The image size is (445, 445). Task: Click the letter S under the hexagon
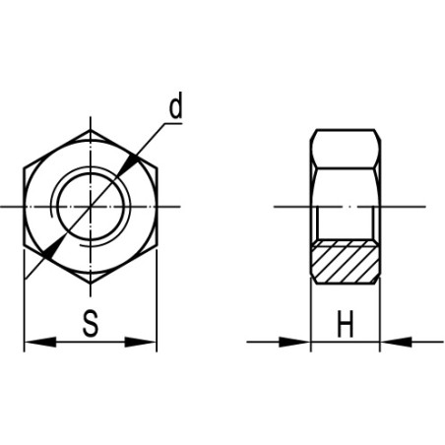[x=90, y=324]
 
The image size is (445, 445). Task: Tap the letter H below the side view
[x=345, y=324]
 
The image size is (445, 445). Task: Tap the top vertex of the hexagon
[x=90, y=128]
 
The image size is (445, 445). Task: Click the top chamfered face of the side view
[x=346, y=137]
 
